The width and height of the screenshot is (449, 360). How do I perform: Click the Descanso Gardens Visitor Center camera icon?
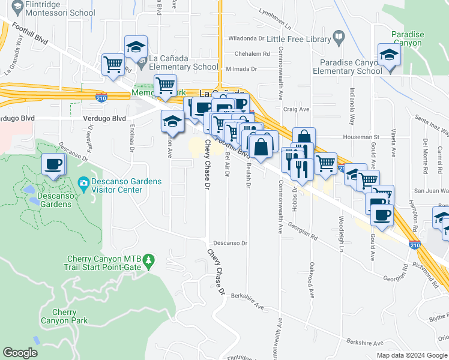(83, 182)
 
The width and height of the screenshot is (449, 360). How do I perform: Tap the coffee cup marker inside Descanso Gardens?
(53, 164)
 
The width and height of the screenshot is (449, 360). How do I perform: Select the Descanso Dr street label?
(231, 243)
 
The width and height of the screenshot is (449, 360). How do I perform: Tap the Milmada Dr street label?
(243, 69)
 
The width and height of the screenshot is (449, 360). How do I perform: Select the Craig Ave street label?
(296, 109)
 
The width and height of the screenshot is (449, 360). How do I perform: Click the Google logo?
(20, 353)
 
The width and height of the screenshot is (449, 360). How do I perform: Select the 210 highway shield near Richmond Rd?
(414, 245)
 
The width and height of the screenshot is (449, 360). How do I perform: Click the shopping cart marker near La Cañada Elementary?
(113, 64)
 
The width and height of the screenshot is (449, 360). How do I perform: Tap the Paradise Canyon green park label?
(408, 39)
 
